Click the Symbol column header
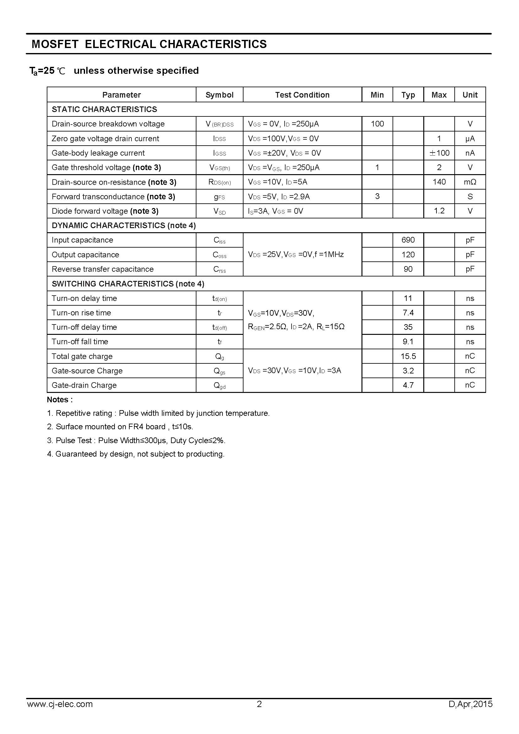pos(219,95)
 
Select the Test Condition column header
pos(302,95)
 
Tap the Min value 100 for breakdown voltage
pos(377,124)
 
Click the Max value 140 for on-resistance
pos(439,182)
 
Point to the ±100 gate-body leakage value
pos(439,153)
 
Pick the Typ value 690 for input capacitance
pos(408,240)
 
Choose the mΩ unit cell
pos(470,182)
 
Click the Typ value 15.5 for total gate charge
pos(408,356)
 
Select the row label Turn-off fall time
pos(80,342)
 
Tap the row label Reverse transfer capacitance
pos(103,269)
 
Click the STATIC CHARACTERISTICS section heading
pos(104,109)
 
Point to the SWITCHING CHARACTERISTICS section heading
pos(128,284)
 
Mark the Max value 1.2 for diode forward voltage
pos(439,211)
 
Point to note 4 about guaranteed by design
pos(136,454)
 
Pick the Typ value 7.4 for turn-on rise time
pos(408,313)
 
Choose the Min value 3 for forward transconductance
pos(377,196)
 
